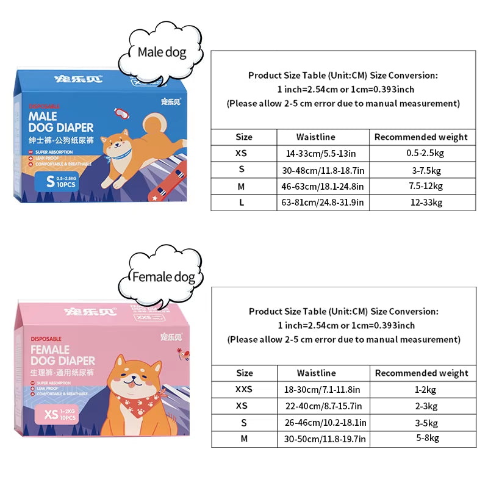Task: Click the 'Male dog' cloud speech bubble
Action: (162, 52)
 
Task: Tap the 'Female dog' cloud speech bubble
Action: (163, 278)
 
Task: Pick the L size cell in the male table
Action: (242, 203)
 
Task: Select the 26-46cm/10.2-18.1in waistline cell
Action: (325, 422)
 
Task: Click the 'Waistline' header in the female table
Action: (316, 373)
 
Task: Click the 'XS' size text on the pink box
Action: (52, 415)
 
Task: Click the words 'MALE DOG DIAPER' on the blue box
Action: (61, 122)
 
